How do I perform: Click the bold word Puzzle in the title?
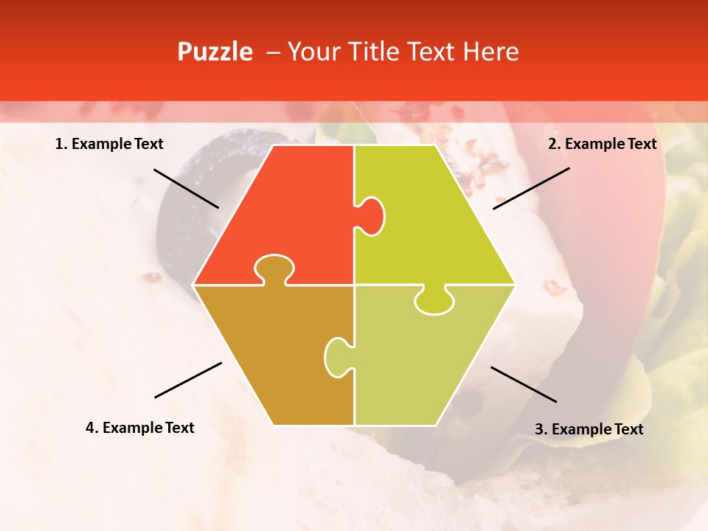click(215, 52)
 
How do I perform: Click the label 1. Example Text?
click(109, 144)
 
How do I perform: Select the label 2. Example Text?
click(602, 144)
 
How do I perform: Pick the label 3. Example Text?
click(589, 429)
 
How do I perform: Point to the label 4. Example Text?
click(139, 428)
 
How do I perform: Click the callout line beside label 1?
click(186, 188)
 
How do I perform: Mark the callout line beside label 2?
click(531, 188)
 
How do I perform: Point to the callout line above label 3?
click(524, 384)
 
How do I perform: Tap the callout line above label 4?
click(188, 380)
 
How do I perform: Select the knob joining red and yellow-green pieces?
click(370, 215)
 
